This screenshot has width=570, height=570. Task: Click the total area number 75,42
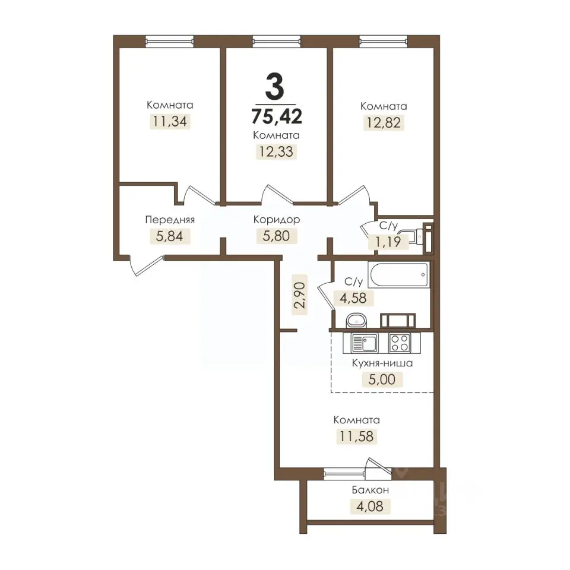(277, 116)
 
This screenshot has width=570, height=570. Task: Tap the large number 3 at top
(274, 85)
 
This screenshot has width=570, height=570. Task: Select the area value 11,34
(170, 121)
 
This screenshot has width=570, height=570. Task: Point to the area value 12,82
(384, 122)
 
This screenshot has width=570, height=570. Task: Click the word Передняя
(170, 220)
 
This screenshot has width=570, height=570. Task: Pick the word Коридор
(277, 220)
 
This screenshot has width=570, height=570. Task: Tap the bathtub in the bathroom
(399, 274)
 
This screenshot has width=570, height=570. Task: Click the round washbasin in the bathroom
(357, 320)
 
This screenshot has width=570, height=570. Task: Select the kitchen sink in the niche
(365, 343)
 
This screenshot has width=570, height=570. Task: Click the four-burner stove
(400, 343)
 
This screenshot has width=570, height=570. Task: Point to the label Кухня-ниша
(382, 363)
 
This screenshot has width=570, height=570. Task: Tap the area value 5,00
(382, 379)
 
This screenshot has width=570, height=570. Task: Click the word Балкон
(370, 490)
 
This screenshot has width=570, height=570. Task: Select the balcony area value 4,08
(370, 506)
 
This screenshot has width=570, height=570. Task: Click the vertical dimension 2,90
(300, 294)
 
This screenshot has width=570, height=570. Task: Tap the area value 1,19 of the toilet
(388, 242)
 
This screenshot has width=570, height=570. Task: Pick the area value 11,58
(356, 436)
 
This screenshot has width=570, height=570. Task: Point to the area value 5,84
(169, 236)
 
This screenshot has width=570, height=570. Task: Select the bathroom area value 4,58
(353, 297)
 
